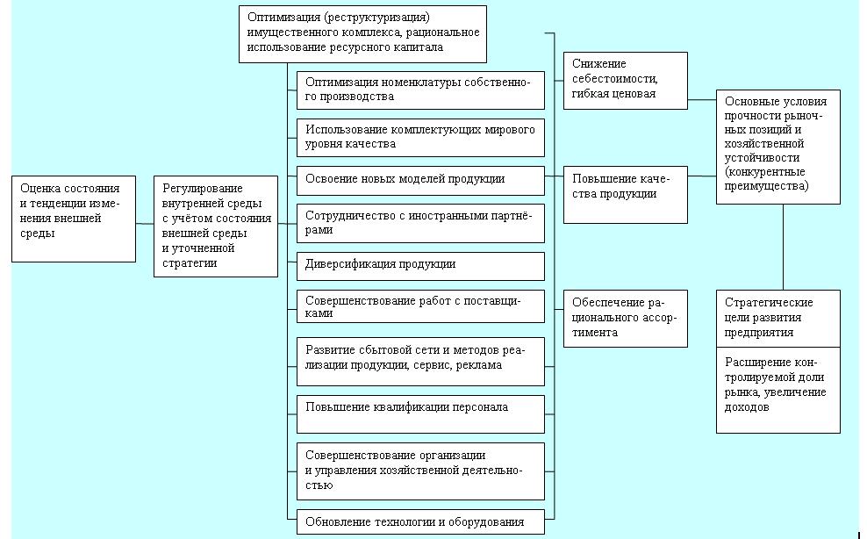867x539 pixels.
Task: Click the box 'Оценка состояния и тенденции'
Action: (74, 219)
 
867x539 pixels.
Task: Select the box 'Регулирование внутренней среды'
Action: (216, 226)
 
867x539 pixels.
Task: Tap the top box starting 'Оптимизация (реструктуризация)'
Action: (362, 33)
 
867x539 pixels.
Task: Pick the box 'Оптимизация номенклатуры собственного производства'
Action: (421, 90)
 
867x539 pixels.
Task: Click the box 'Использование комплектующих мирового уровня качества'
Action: (421, 138)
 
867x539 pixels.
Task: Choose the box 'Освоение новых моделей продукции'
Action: (421, 181)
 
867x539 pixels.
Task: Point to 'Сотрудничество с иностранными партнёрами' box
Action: (421, 224)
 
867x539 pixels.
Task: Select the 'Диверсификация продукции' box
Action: (421, 266)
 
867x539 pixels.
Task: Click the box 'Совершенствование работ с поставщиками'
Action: (421, 306)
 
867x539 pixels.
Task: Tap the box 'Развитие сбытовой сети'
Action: (421, 362)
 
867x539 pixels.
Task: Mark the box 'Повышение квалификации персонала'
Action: (421, 414)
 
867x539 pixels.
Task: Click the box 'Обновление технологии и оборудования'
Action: (421, 521)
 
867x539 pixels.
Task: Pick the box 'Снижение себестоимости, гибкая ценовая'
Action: (626, 81)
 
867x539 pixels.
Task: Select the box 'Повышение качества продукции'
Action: (626, 195)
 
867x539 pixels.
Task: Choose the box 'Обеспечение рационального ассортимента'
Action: (626, 319)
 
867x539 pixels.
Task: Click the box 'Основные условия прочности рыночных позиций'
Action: (778, 147)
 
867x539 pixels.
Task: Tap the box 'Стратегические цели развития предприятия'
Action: (778, 319)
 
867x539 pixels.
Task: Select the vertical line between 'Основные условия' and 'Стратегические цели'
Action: (783, 248)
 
